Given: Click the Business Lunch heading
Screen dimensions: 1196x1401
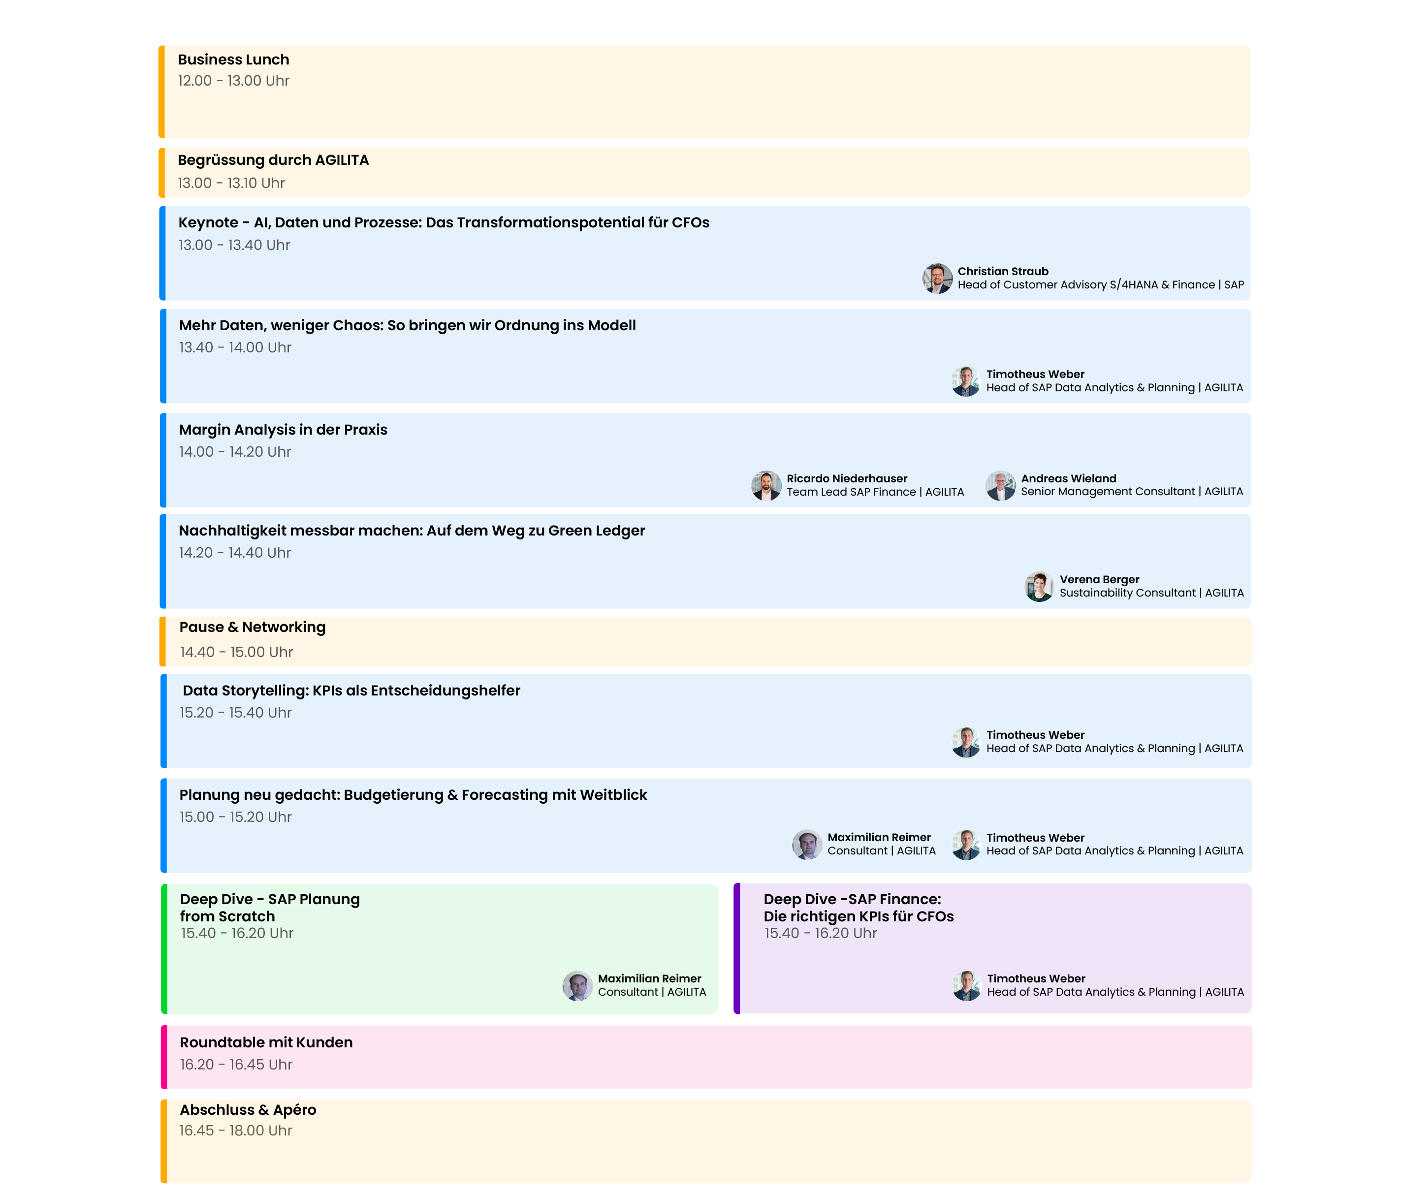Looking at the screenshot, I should click(x=233, y=60).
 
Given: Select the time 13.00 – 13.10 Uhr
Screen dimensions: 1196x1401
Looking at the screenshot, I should click(x=231, y=183).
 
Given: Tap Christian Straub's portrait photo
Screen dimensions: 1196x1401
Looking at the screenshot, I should click(x=937, y=279).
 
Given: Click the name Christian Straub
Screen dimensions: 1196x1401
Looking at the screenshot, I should click(x=1003, y=271).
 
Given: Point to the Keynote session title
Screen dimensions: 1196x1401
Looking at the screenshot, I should click(x=444, y=222).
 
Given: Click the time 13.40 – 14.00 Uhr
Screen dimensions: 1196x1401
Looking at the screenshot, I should click(x=235, y=347).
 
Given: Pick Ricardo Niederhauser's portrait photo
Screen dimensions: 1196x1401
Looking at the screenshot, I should click(x=766, y=485).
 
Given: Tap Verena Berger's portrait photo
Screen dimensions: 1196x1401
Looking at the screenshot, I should click(x=1039, y=586).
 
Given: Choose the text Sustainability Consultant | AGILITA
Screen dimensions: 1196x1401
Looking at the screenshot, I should click(x=1151, y=593).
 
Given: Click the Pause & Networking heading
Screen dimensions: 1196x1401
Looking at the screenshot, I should click(x=252, y=628).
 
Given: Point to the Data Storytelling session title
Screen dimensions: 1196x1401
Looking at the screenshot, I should click(x=351, y=691).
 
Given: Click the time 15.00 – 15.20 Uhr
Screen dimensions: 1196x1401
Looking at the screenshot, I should click(x=235, y=817).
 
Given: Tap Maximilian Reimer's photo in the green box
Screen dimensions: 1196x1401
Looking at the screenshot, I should click(x=577, y=986).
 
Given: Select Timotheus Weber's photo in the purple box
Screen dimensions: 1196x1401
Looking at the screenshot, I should click(x=967, y=986).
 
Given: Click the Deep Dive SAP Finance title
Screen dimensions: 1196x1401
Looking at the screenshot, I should click(x=858, y=907).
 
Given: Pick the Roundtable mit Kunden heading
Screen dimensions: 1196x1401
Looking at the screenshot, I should click(x=266, y=1042).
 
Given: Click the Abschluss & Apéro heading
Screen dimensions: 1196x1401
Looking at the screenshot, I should click(x=248, y=1110).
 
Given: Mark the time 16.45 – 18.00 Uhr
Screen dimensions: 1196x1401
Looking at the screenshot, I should click(x=235, y=1131).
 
